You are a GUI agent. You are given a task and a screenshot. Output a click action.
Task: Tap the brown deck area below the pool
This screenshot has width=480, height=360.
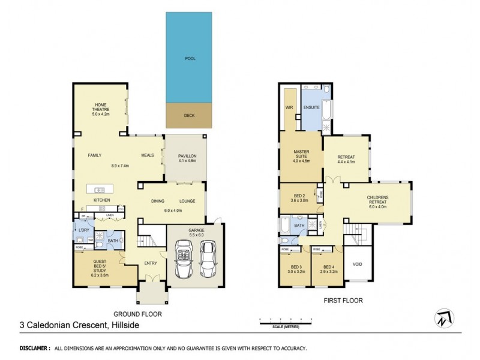tap(190, 115)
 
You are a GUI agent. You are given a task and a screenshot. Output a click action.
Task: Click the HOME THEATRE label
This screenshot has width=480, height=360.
tap(101, 107)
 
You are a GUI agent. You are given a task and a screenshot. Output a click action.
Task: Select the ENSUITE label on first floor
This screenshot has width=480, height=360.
tap(312, 108)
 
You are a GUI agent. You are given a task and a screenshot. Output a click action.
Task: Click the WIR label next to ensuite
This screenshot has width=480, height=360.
tap(289, 108)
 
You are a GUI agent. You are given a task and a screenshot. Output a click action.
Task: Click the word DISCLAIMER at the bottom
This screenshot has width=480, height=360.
tap(34, 348)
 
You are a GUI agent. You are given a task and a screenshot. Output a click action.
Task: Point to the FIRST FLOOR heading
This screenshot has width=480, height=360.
tap(343, 300)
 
